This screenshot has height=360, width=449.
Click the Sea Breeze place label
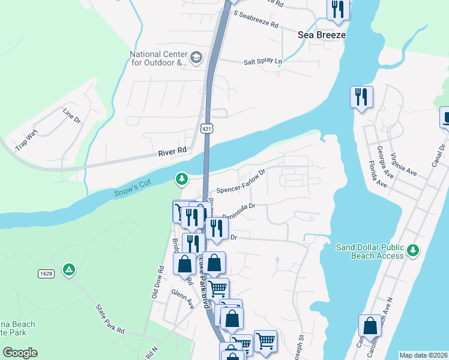(x=322, y=35)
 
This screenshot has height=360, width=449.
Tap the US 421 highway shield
(x=207, y=128)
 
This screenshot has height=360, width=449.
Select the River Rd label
(x=173, y=152)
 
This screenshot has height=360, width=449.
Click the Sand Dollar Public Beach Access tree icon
(x=413, y=250)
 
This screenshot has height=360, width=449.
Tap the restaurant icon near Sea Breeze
(x=338, y=10)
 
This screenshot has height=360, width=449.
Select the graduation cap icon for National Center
(x=196, y=58)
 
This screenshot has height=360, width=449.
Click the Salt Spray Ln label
(x=262, y=62)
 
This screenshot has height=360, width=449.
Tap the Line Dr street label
(x=71, y=116)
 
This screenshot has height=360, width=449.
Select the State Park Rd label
(x=110, y=317)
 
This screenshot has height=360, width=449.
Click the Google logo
(x=19, y=353)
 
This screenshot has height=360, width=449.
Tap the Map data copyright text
(x=423, y=355)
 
